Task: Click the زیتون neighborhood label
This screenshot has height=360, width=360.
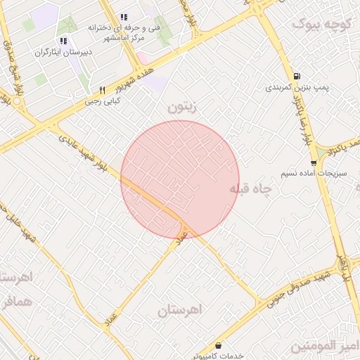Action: click(x=184, y=108)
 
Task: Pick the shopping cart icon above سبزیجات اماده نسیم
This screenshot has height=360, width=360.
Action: click(x=313, y=162)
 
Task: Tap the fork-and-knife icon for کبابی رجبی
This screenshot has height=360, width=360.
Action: click(x=103, y=90)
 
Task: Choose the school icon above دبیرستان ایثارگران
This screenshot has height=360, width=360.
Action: click(x=64, y=41)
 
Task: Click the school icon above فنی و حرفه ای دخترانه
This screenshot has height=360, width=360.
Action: click(x=124, y=17)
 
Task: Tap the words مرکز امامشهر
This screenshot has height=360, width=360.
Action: click(x=124, y=39)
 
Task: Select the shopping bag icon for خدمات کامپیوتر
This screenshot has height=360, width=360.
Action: click(x=219, y=346)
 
